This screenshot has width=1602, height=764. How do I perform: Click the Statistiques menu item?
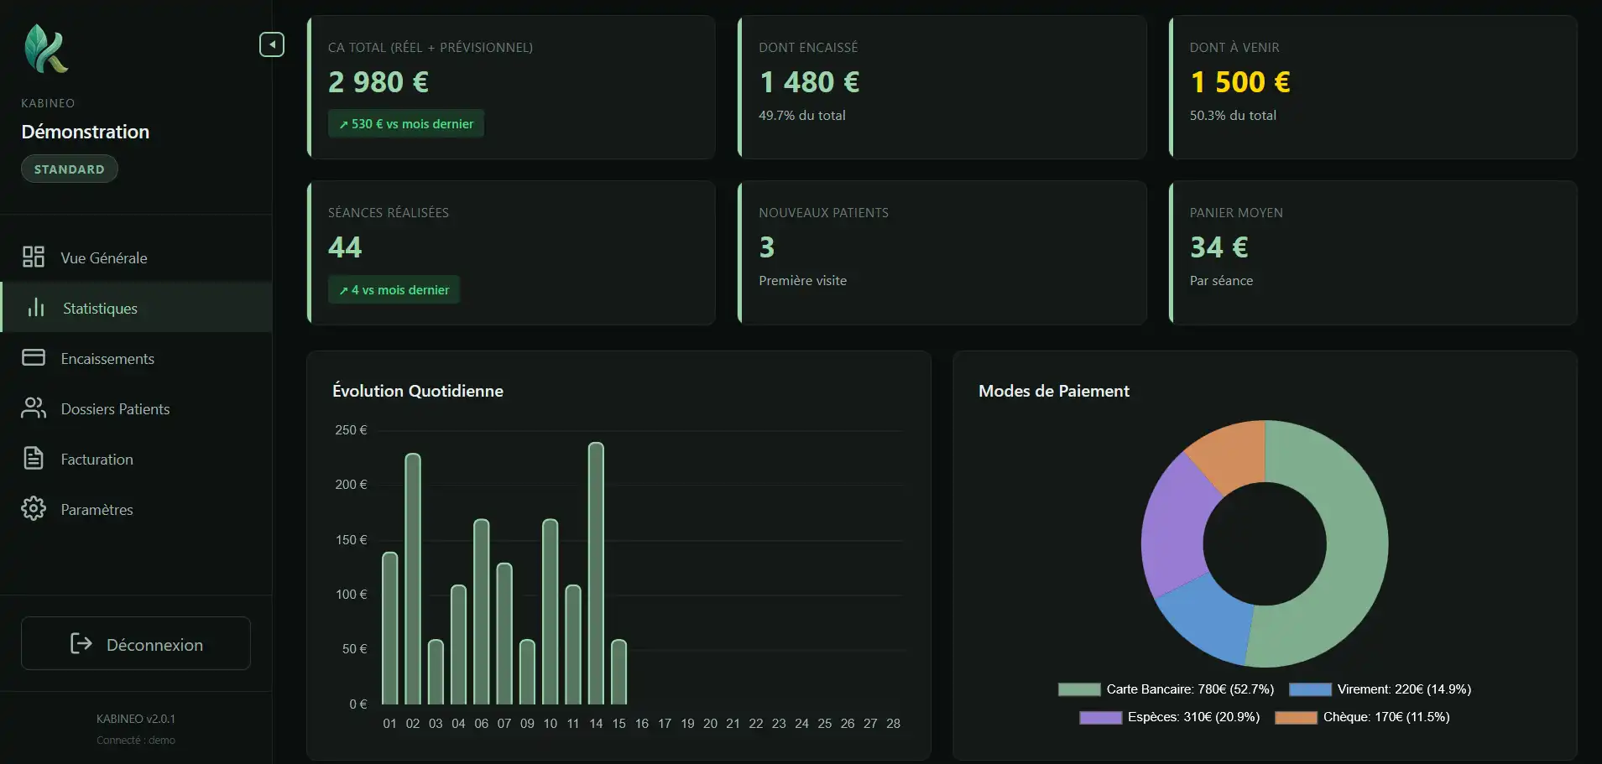[99, 309]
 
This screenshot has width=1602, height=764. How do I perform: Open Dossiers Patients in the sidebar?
[115, 409]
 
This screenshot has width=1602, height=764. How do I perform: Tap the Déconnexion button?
[136, 644]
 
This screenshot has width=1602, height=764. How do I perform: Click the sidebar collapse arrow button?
[272, 44]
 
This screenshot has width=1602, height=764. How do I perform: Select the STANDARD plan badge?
[70, 169]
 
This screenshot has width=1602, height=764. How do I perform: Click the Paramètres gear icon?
[34, 509]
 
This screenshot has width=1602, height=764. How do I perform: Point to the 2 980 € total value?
[378, 82]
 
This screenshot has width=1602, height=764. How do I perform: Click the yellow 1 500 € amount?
[1240, 82]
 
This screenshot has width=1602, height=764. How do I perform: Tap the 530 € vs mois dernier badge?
[406, 124]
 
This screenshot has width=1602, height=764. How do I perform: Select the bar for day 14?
[596, 574]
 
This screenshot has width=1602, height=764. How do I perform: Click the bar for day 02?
[413, 579]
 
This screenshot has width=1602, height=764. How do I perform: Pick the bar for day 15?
[618, 673]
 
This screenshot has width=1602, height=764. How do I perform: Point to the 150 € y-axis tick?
[351, 540]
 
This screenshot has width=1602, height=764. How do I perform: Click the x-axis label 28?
[893, 724]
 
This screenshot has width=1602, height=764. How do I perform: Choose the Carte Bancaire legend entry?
[1166, 689]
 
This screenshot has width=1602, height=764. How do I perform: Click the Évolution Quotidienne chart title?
[418, 391]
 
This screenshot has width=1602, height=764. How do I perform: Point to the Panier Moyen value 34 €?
[1218, 247]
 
